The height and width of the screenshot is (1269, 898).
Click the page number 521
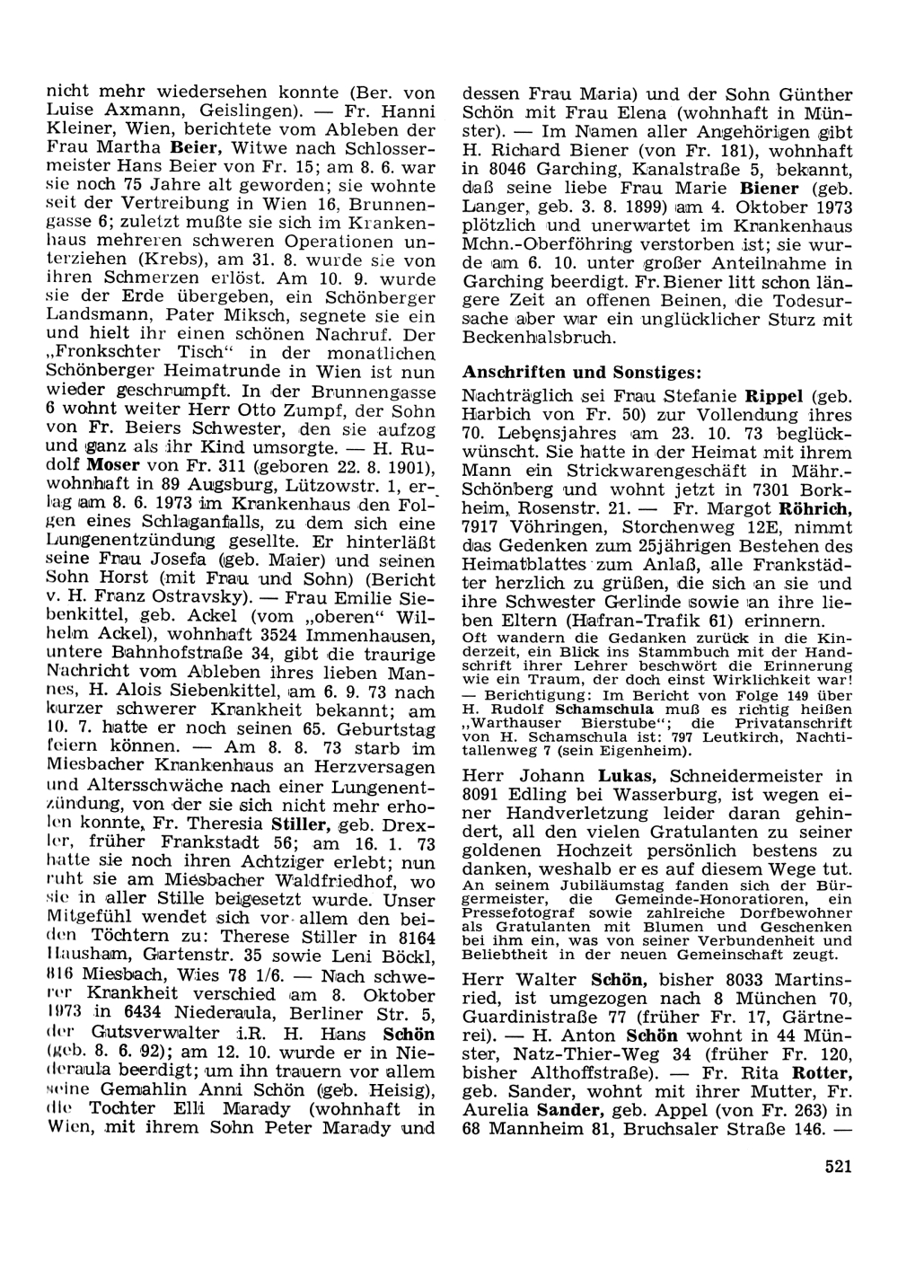[836, 1167]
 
